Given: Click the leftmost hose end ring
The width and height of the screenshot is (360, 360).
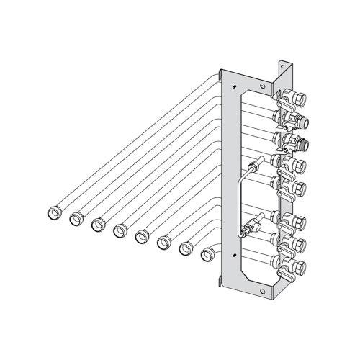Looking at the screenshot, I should click(x=54, y=213).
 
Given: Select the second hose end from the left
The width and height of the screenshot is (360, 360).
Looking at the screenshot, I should click(x=76, y=219).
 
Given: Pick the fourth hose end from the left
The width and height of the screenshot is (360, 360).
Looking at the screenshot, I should click(x=120, y=230).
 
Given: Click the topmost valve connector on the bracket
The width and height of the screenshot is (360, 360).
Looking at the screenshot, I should click(x=296, y=95).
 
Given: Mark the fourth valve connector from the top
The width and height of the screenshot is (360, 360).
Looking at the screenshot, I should click(x=295, y=163).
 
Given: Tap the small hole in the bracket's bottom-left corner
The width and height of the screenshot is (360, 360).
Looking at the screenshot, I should click(x=233, y=255).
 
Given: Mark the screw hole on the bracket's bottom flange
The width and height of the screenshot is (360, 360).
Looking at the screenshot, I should click(x=269, y=292).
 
